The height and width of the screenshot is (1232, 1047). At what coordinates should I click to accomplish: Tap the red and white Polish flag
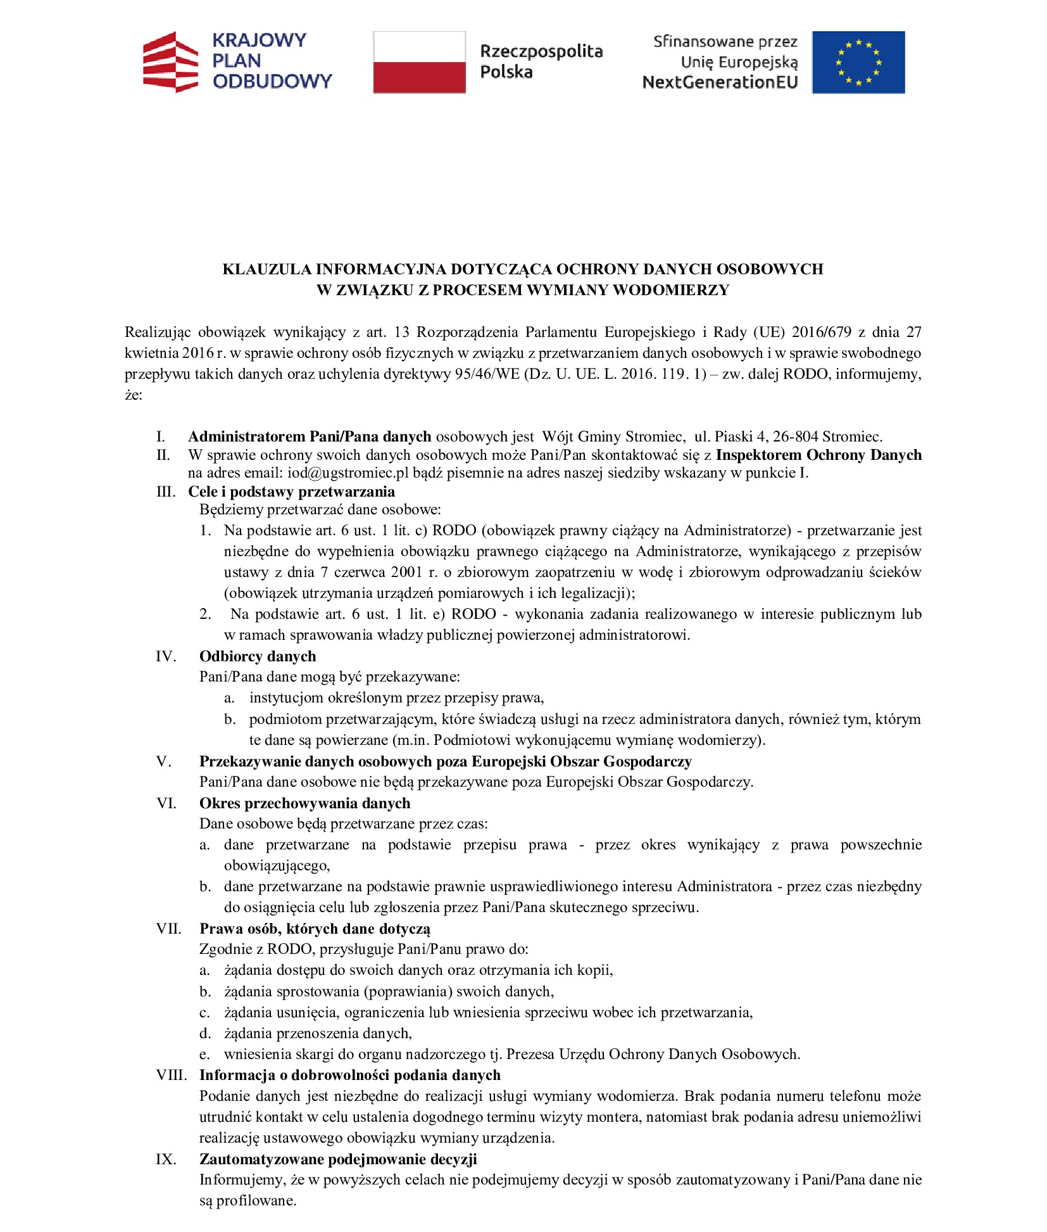419,62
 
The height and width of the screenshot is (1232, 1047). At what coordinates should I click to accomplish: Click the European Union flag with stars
858,62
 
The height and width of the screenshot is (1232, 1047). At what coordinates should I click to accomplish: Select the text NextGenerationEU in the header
720,82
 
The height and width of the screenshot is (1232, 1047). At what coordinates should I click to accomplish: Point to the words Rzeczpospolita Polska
541,61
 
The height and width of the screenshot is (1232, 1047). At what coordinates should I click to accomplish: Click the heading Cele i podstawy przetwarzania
291,492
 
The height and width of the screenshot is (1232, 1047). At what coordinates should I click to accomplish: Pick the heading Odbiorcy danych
258,656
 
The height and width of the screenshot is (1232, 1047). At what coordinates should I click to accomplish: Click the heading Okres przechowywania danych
304,803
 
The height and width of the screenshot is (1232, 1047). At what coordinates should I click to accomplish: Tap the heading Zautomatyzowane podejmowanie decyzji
338,1159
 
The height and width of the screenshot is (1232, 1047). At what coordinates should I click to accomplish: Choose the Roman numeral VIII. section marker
172,1075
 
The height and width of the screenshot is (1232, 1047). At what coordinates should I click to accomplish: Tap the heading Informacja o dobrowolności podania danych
349,1075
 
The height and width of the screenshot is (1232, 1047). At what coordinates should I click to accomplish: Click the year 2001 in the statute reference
406,572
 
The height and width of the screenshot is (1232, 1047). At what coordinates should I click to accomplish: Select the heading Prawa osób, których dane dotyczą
315,929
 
